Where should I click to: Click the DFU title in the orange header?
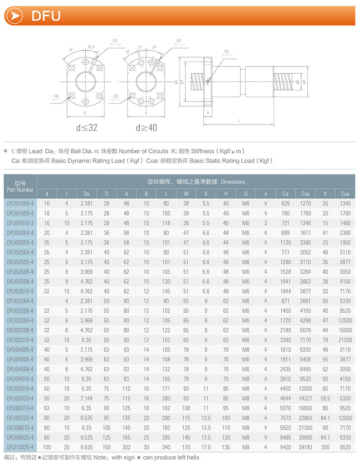[x=46, y=16]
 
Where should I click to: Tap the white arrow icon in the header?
[x=16, y=16]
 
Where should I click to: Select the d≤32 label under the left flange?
[x=86, y=128]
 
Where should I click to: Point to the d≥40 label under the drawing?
[x=146, y=128]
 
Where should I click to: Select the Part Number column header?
[x=20, y=187]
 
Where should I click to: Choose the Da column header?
[x=86, y=194]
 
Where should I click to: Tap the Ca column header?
[x=285, y=194]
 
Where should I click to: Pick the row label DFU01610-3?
[x=20, y=223]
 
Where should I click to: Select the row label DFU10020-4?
[x=20, y=447]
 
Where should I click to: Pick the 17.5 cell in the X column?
[x=206, y=447]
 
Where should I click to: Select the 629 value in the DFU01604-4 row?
[x=285, y=203]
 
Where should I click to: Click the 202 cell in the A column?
[x=126, y=447]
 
